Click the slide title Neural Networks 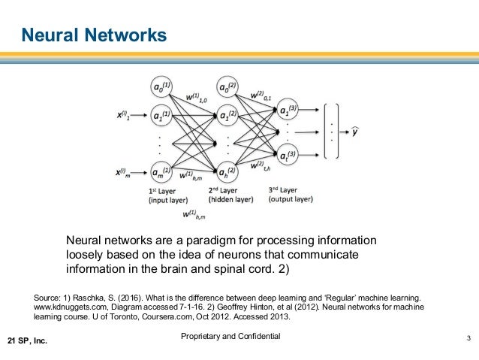tap(92, 35)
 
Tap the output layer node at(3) tap(289, 156)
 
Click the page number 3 tap(467, 337)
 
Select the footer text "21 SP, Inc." tap(28, 342)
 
